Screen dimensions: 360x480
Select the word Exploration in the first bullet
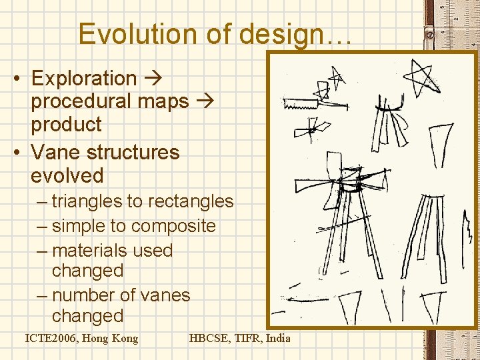click(x=83, y=79)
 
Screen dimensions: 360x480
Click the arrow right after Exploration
click(x=153, y=79)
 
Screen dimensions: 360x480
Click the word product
click(x=66, y=125)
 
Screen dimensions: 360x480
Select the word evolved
click(x=67, y=176)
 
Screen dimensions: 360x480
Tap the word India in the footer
click(x=278, y=338)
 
